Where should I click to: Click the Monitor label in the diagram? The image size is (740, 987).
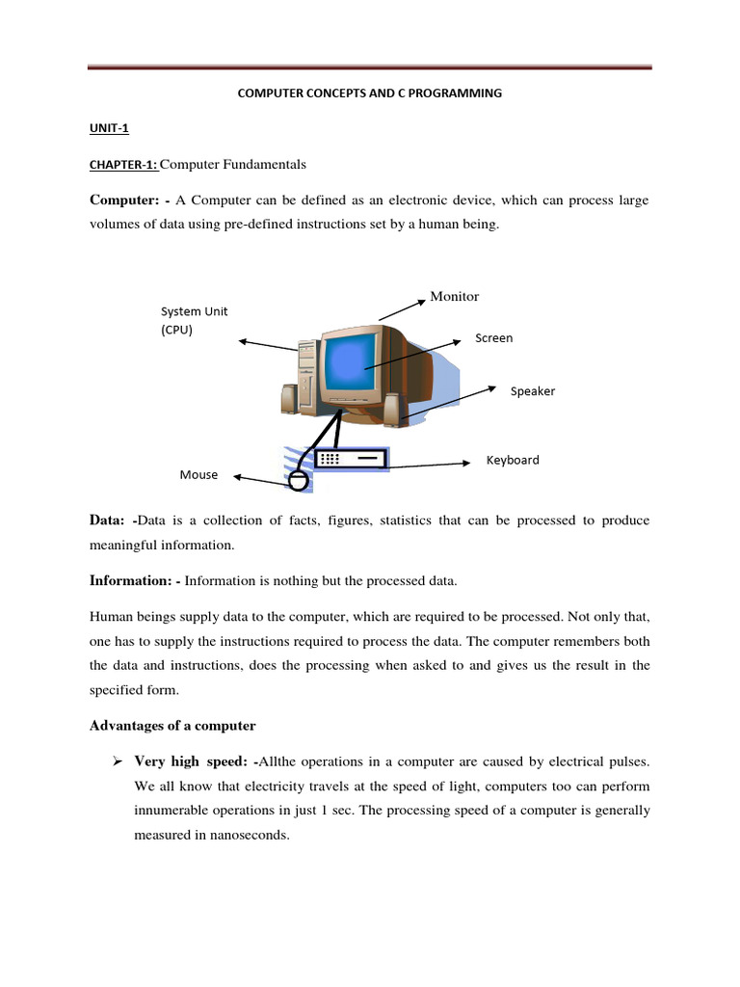(454, 297)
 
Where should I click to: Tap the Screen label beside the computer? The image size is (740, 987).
(493, 338)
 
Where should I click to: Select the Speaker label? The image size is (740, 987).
(532, 391)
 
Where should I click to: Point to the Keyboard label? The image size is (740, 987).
(512, 460)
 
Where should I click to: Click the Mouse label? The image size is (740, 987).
(198, 475)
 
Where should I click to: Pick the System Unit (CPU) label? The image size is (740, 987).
(194, 320)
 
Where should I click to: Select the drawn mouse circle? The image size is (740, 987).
(299, 479)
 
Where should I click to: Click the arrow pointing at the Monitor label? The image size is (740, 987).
(402, 309)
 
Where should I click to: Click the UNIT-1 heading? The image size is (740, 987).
(109, 127)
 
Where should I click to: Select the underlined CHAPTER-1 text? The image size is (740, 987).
(123, 165)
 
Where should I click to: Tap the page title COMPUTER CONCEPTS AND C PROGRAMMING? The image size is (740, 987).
(370, 93)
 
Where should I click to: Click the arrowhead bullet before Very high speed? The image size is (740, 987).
(117, 761)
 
